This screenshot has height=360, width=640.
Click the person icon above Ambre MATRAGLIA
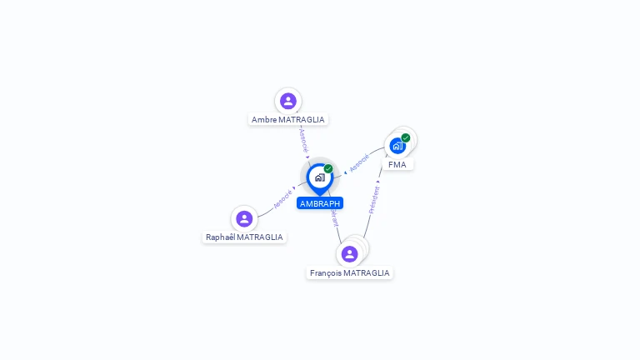288,101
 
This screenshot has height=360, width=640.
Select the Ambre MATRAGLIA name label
288,120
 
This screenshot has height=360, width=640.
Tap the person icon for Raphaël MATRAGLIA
244,219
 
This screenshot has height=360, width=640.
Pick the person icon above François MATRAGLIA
349,253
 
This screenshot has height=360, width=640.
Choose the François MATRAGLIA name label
349,273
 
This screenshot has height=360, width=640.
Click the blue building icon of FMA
397,146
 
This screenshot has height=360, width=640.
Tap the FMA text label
397,165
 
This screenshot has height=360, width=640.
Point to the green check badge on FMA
406,137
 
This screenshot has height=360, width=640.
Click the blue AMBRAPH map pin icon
319,177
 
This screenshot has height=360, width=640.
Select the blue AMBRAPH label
320,203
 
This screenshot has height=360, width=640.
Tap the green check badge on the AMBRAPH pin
328,169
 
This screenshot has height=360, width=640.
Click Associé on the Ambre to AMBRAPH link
303,139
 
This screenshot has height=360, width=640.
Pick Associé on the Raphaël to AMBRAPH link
282,200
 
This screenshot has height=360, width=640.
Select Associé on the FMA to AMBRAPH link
359,163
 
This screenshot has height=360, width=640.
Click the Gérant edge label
334,217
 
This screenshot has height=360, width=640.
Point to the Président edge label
374,200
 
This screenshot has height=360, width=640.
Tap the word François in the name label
326,273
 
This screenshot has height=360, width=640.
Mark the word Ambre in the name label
264,120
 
